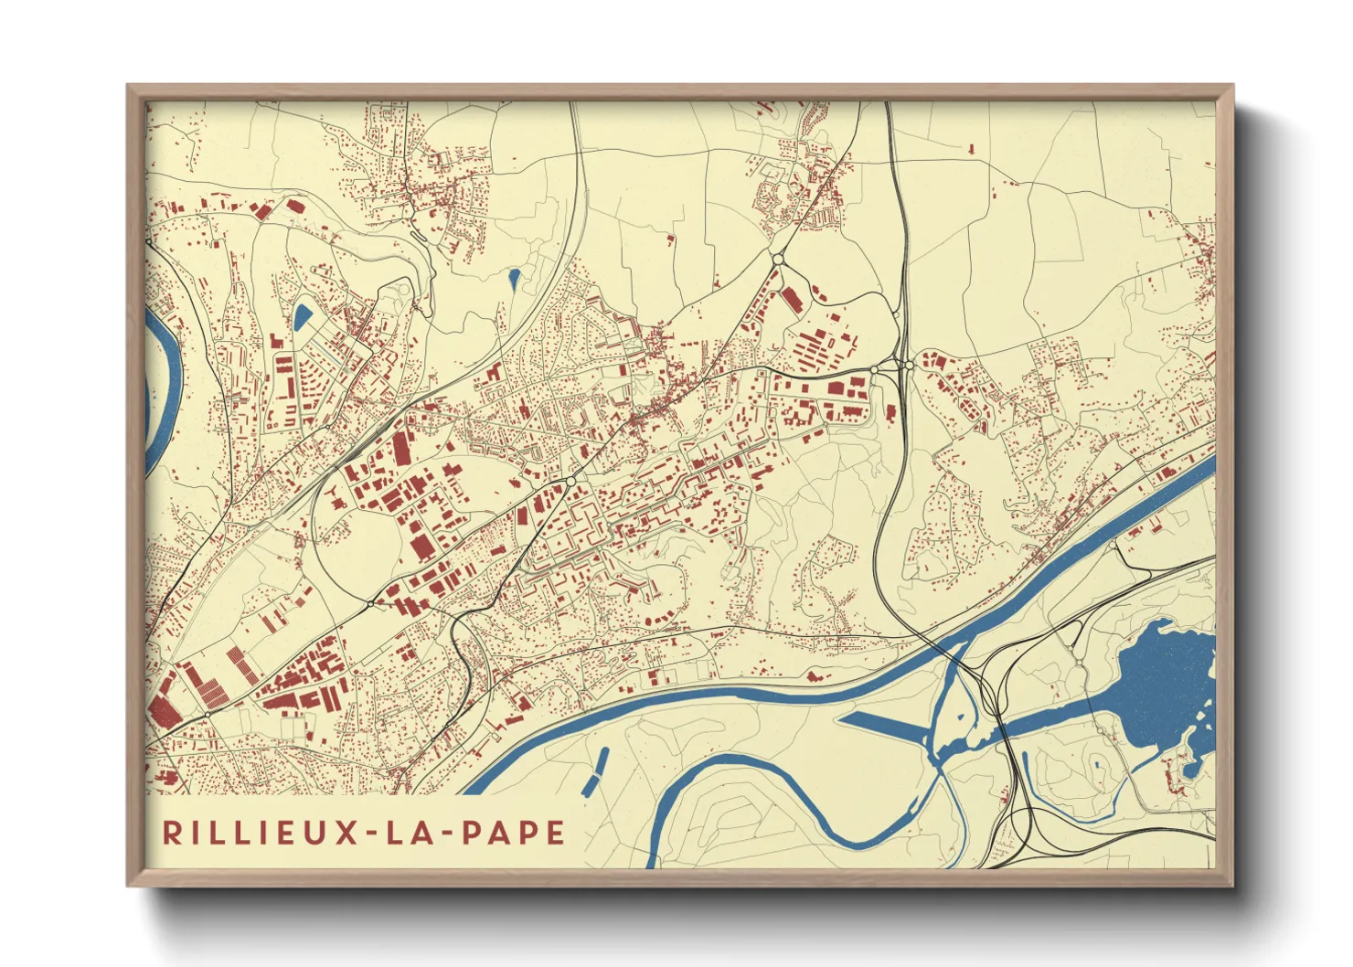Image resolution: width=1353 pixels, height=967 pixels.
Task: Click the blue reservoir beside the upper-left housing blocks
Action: tap(302, 316)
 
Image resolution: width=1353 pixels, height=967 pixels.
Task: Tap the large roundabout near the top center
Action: tap(778, 260)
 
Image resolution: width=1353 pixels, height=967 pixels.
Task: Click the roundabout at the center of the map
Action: tap(570, 482)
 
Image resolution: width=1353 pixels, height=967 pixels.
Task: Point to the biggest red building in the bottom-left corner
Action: tap(166, 702)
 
